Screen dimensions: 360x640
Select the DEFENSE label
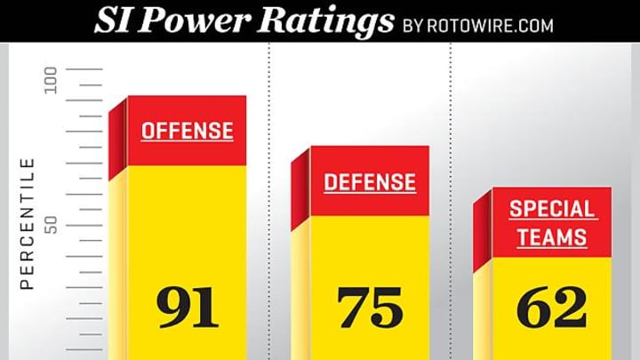point(369,183)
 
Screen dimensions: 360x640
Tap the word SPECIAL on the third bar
point(552,210)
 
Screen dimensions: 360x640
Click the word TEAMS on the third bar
point(552,237)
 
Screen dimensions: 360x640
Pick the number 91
point(188,307)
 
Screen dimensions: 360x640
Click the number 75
point(370,308)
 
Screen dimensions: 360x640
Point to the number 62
point(552,308)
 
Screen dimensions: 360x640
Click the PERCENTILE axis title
point(27,223)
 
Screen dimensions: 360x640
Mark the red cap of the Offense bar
point(188,151)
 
